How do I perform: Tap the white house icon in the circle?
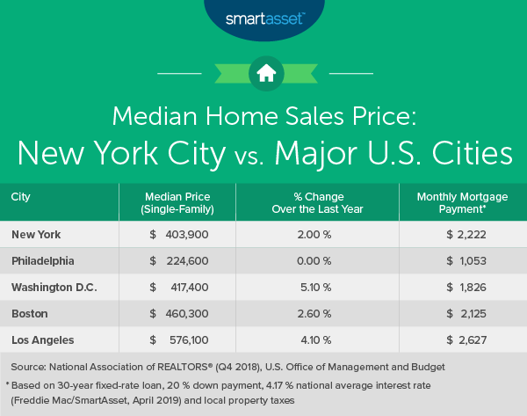click(x=263, y=73)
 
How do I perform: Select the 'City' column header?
click(x=22, y=196)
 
